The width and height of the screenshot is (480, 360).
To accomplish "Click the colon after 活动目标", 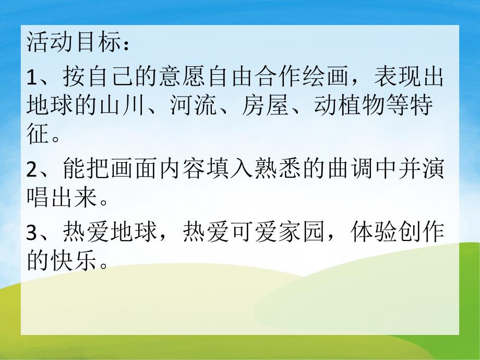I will pyautogui.click(x=123, y=45).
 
